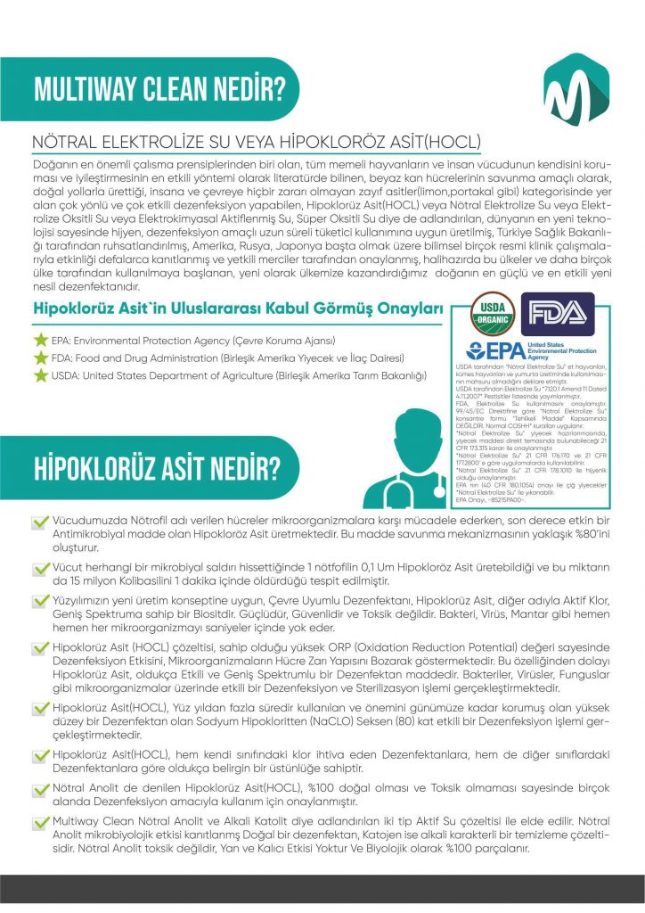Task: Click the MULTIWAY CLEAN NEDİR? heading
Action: [x=159, y=89]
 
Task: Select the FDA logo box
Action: [x=557, y=311]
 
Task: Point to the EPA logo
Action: [x=499, y=350]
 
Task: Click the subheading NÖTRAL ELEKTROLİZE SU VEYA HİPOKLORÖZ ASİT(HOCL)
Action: [x=256, y=143]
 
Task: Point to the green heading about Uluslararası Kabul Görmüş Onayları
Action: [x=238, y=309]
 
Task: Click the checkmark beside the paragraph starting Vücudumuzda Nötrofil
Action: [x=40, y=521]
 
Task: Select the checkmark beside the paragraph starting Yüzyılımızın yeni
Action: [x=40, y=602]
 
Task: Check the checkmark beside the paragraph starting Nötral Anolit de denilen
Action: [x=40, y=789]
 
